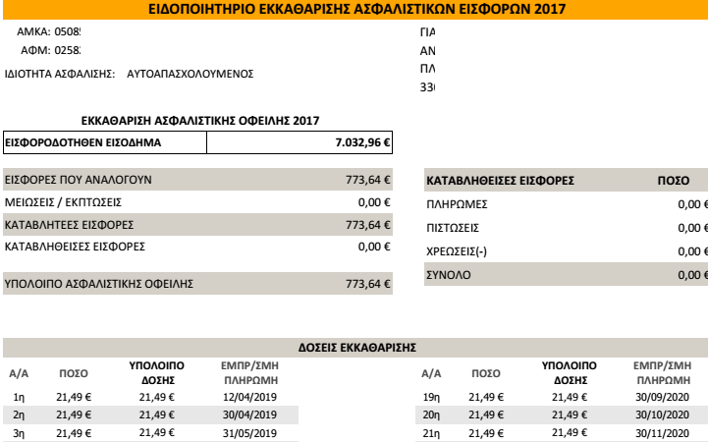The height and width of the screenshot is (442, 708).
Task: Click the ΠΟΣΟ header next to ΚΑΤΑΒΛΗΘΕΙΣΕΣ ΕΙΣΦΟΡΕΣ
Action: [672, 182]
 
